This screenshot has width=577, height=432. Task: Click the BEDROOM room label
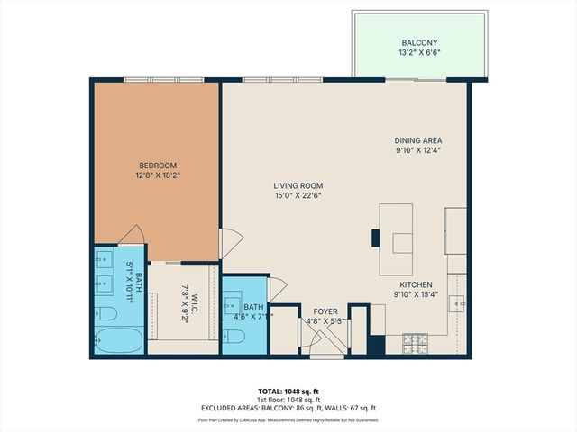point(157,165)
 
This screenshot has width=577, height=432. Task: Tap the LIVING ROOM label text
point(298,185)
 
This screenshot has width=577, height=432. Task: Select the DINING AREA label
point(417,140)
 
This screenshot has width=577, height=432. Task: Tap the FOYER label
point(325,310)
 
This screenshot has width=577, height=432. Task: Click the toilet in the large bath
point(106,313)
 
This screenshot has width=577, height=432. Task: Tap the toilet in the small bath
point(233,337)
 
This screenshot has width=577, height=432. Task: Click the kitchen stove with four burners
point(414,343)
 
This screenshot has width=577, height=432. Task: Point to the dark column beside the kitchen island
point(375,238)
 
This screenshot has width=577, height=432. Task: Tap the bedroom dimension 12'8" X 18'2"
point(157,175)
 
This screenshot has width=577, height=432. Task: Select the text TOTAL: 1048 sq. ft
point(288,391)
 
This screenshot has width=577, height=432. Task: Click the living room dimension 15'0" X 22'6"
point(298,196)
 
